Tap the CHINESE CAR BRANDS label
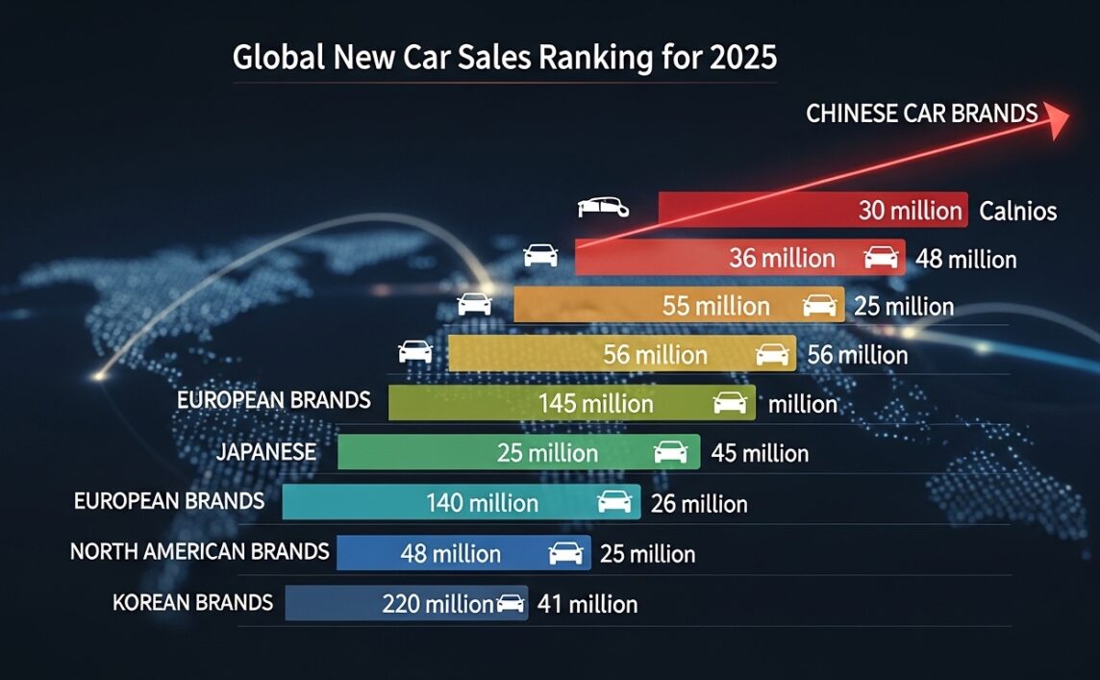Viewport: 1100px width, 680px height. [921, 113]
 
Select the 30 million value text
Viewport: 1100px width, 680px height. [910, 211]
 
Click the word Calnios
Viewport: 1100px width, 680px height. [1017, 211]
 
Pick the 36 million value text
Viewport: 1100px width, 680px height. [782, 258]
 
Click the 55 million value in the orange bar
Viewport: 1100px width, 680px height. [715, 307]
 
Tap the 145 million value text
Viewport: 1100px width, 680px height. [595, 404]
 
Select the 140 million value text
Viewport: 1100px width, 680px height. [482, 503]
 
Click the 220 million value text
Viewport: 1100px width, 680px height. [437, 604]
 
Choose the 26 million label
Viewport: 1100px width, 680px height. [699, 503]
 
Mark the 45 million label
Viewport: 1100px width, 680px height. [760, 452]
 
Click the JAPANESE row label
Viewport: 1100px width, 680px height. [266, 451]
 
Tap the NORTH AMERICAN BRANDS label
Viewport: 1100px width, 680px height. [200, 552]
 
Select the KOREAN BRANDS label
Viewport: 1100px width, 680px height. [192, 603]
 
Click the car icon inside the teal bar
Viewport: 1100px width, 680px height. [614, 501]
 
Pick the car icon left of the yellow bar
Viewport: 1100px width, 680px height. [415, 352]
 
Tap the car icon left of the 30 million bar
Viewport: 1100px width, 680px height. [604, 207]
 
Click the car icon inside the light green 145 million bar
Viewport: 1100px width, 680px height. [730, 403]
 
